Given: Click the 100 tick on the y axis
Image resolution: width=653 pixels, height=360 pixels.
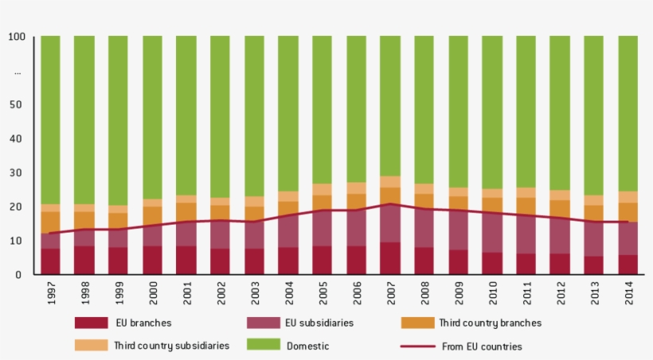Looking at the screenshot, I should point(17,37).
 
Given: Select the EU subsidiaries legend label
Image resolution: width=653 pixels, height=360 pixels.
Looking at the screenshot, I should point(319,323).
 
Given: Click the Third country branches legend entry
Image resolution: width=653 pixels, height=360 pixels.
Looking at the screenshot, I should point(490,323).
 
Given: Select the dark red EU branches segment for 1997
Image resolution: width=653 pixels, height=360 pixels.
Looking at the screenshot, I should point(51,261).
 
